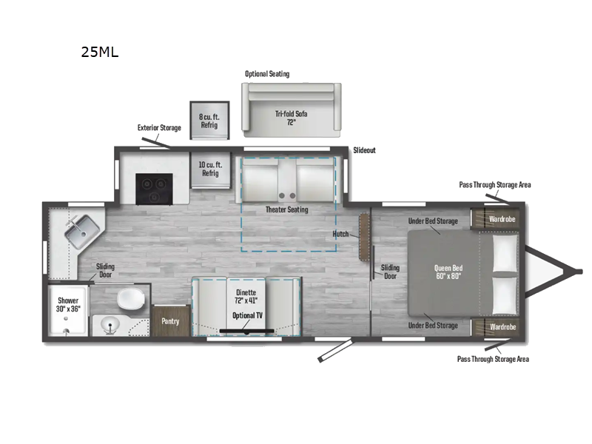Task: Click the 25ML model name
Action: coord(100,52)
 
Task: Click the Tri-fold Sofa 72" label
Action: coord(291,118)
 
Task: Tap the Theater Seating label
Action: coord(287,209)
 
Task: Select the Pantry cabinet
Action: coord(170,322)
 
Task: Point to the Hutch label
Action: coord(340,234)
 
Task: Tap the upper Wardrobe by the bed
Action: coord(502,219)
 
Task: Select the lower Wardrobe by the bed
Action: coord(502,326)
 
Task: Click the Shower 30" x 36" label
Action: coord(69,305)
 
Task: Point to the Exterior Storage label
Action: coord(159,128)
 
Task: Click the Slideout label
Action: coord(364,150)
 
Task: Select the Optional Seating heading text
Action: coord(267,74)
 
